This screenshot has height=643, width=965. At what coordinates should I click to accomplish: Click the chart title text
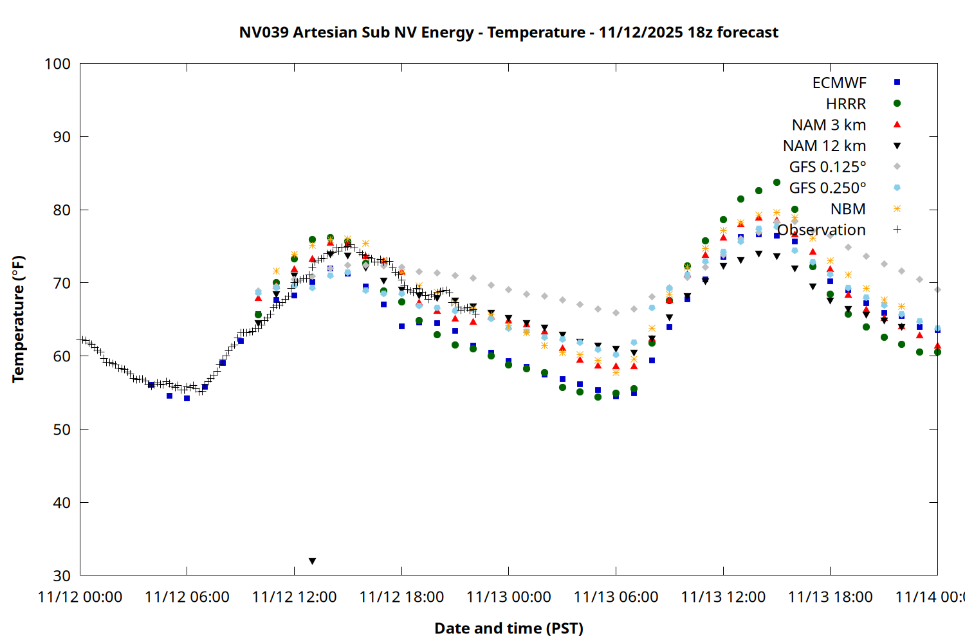(508, 32)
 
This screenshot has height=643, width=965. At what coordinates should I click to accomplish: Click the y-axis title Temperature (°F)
(18, 319)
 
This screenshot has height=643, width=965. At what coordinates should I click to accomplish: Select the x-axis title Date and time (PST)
(508, 628)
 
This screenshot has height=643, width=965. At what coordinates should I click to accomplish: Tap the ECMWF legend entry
(839, 83)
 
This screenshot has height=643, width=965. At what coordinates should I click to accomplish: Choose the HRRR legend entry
(846, 104)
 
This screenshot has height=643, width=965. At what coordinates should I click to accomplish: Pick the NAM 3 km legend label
(829, 125)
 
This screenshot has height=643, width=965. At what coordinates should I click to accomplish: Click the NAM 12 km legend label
(824, 146)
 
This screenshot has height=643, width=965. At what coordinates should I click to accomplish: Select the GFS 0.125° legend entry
(827, 167)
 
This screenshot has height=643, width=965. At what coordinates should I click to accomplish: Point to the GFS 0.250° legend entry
(827, 188)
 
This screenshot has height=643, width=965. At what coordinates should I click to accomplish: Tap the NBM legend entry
(848, 209)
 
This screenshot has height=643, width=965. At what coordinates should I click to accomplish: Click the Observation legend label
(822, 230)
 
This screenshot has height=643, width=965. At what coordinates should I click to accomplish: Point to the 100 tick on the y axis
(57, 64)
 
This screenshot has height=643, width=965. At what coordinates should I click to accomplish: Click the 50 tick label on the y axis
(62, 430)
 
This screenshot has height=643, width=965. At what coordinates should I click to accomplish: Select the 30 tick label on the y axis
(62, 575)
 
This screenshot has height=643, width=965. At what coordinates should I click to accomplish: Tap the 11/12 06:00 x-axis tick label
(187, 597)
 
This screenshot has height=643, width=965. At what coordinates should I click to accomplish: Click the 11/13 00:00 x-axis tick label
(508, 597)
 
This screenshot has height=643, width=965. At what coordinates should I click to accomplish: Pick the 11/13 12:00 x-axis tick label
(723, 597)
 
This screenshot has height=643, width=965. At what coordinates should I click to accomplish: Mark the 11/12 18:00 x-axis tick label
(401, 597)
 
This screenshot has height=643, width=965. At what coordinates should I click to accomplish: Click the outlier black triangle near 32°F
(312, 561)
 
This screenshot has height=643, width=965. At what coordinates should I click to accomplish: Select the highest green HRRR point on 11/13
(777, 183)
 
